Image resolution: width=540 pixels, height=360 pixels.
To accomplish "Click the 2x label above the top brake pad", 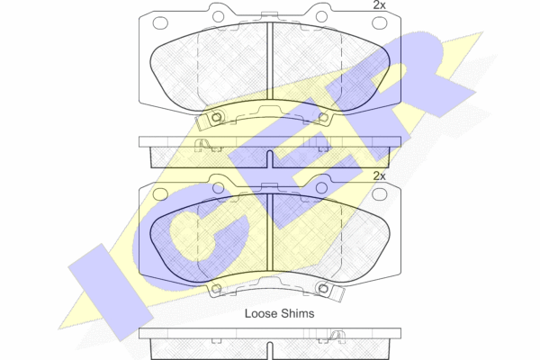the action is (x=379, y=5).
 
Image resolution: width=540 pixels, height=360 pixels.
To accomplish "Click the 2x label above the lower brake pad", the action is (x=379, y=176).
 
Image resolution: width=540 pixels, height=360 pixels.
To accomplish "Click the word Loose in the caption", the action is (x=261, y=313).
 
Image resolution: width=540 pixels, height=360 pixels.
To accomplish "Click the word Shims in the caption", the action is (x=298, y=313).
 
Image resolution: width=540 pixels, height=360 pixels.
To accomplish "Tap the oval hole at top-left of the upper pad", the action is (x=160, y=23).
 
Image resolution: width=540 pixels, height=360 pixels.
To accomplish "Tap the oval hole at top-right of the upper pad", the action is (x=380, y=23).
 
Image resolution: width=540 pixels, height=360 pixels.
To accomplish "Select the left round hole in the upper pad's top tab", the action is (x=219, y=16).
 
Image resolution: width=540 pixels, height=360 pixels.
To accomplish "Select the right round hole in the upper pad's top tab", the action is (x=321, y=16).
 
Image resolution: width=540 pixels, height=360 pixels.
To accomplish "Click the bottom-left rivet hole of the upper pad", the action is (x=216, y=118).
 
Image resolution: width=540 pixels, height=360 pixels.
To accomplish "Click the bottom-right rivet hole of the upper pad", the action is (x=323, y=118).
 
